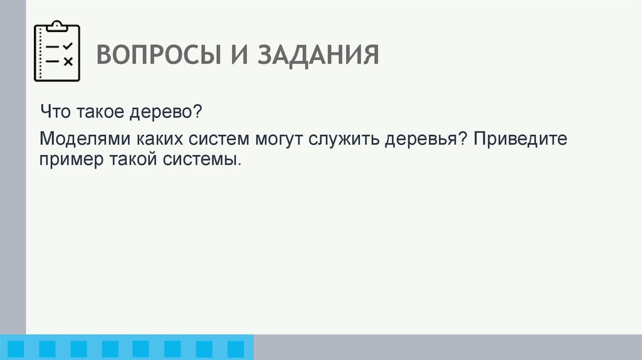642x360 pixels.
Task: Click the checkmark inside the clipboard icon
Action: click(68, 46)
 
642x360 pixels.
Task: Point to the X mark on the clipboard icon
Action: click(68, 61)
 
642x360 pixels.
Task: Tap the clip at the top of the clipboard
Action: click(57, 26)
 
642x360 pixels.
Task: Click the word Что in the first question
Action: click(57, 113)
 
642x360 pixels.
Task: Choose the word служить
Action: click(345, 138)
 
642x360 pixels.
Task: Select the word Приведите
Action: click(520, 138)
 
